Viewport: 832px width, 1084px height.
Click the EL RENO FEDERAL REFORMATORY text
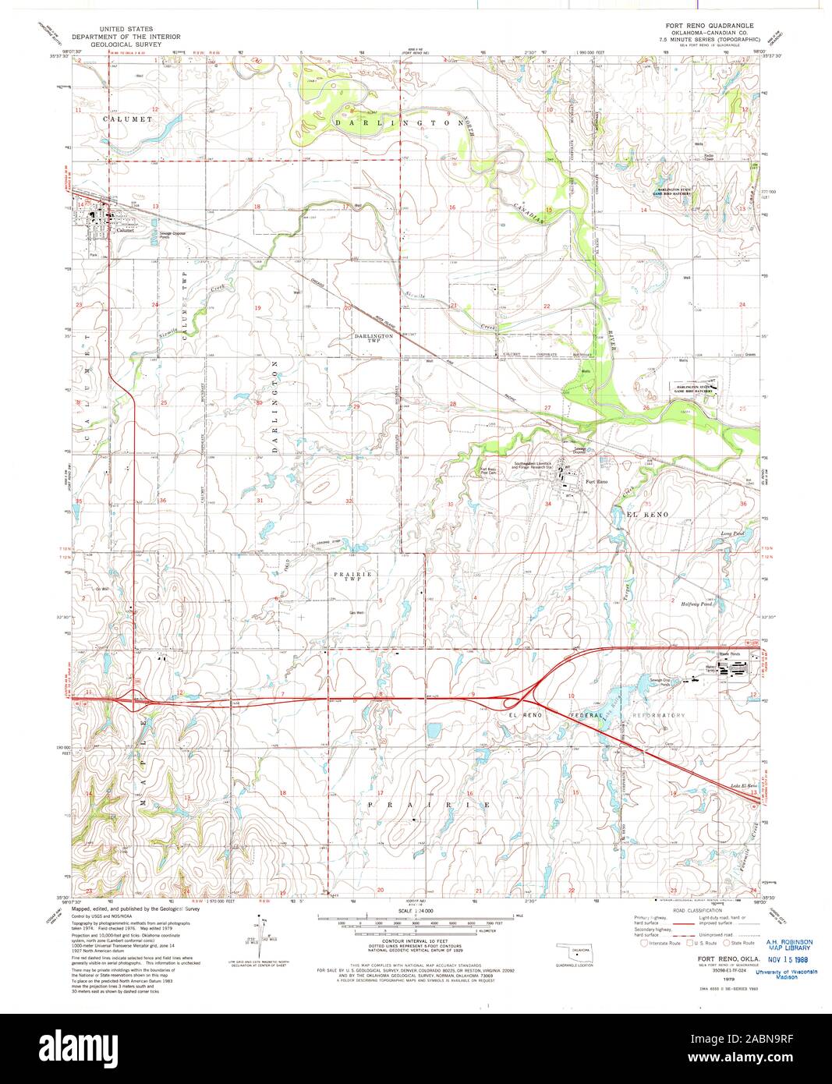click(x=596, y=715)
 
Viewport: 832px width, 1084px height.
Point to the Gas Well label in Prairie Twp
click(x=357, y=611)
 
